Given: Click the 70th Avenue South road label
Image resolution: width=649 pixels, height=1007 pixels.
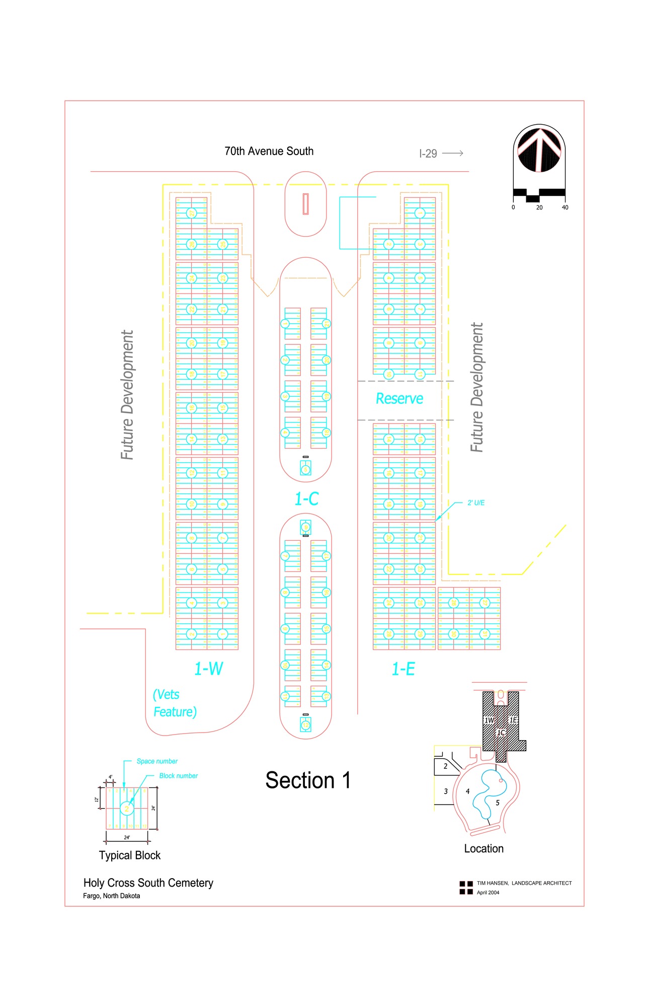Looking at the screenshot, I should click(x=269, y=151).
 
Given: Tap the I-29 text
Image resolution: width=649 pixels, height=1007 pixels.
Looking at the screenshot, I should click(x=428, y=154).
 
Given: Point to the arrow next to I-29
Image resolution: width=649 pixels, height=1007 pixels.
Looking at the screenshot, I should click(x=453, y=153).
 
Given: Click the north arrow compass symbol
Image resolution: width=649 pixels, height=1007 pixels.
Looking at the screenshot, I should click(x=539, y=150).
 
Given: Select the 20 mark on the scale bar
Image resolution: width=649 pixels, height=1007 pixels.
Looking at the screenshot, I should click(x=539, y=207).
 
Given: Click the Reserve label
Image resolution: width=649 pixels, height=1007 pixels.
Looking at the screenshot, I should click(x=399, y=399).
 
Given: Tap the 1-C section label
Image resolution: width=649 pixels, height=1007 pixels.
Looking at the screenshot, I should click(x=306, y=499).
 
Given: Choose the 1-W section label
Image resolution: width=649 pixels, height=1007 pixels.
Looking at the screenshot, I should click(x=208, y=669).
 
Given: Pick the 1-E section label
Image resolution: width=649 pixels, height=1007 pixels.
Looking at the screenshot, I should click(x=403, y=669).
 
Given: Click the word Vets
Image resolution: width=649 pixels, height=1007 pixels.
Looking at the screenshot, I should click(x=167, y=695).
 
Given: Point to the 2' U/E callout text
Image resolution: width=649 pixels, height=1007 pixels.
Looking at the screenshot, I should click(x=476, y=502).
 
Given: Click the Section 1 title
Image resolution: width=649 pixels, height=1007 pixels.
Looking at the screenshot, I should click(x=308, y=780).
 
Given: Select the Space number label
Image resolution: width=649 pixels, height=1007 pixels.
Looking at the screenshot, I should click(x=157, y=761).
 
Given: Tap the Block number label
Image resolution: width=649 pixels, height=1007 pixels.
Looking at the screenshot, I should click(x=179, y=776).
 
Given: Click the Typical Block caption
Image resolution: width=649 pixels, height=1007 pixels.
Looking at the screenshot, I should click(x=130, y=855).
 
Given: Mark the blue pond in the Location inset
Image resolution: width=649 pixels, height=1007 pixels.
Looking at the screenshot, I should click(x=485, y=793).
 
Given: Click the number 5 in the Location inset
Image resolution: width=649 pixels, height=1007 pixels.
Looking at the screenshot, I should click(x=498, y=803).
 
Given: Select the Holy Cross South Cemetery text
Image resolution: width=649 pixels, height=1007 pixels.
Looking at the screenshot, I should click(x=148, y=883).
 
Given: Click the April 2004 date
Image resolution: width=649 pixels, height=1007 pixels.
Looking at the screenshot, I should click(x=488, y=893).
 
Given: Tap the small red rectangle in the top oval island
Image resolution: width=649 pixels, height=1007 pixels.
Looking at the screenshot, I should click(x=305, y=204).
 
